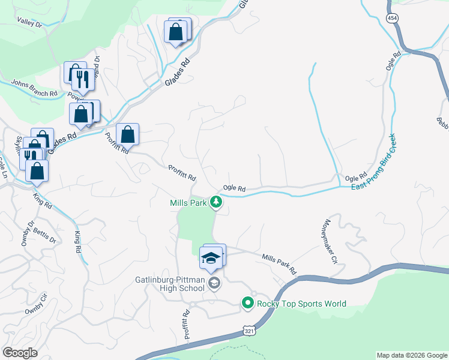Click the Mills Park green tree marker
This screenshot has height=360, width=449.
coord(216,203)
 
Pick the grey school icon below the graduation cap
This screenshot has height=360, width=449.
coord(214,283)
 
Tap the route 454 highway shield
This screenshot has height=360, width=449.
coord(392,19)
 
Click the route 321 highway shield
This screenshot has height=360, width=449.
coord(249,330)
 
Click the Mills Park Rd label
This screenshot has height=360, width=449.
coord(279,264)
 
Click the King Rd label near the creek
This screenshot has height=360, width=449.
coord(77,241)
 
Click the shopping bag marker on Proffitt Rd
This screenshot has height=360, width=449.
coord(127,134)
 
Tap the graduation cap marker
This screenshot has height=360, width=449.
coord(211,259)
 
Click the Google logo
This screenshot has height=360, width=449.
coord(20,353)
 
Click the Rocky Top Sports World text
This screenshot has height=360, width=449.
coord(301,304)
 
